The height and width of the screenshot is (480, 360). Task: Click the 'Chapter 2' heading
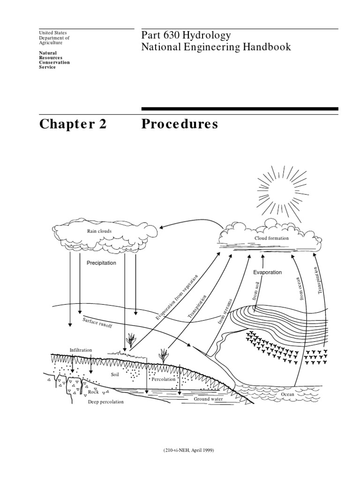point(73,125)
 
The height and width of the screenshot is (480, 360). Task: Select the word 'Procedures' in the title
point(180,125)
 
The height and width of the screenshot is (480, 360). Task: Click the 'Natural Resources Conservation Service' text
point(54,60)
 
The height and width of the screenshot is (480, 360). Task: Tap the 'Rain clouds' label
point(99,231)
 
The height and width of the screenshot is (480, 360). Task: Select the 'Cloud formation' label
point(271,238)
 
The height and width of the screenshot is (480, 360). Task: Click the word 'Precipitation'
point(101,263)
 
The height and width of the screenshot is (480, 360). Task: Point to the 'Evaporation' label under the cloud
point(268,272)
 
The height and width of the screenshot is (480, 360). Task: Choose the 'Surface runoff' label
point(97,323)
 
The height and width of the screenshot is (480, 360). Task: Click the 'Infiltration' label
point(81,350)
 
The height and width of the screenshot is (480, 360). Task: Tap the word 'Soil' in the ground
point(115,375)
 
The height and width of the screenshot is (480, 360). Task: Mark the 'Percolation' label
point(163,379)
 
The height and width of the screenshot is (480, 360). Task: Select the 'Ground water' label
point(208,399)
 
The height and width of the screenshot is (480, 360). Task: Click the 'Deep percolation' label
point(106,402)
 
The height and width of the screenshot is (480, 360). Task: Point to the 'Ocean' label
point(287,395)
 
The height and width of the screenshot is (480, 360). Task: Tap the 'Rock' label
point(93,391)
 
